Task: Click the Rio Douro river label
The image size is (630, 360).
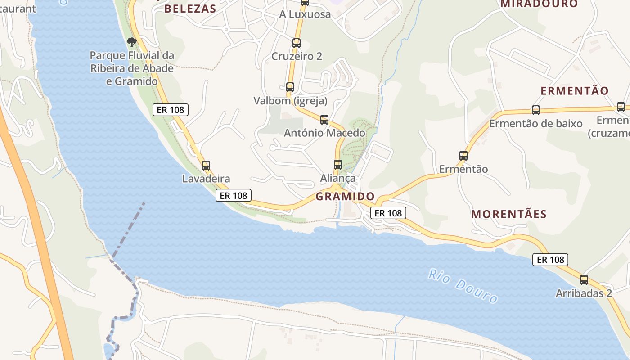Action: tap(463, 286)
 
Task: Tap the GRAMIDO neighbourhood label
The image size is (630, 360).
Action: tap(345, 197)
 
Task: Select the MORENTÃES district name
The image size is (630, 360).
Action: tap(509, 214)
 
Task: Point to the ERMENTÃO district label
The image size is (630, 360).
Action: tap(574, 90)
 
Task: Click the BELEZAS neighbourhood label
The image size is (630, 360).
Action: tap(190, 9)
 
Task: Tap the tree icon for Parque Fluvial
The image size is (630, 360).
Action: tap(131, 43)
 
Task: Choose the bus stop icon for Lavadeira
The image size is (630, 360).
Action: tap(206, 165)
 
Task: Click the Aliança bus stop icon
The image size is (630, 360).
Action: tap(338, 164)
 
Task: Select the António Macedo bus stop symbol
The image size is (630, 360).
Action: tap(324, 119)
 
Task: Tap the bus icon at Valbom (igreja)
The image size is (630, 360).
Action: tap(290, 87)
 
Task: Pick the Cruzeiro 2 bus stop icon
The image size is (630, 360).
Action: tap(297, 43)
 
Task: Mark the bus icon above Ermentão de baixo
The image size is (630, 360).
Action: tap(536, 110)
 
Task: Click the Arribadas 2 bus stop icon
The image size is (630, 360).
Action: tap(584, 279)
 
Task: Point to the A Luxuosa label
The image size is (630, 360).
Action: tap(305, 14)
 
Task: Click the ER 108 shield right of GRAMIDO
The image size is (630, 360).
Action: tap(388, 213)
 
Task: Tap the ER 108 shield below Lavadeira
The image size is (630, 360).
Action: tap(233, 195)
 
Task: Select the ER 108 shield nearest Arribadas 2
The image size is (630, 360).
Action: tap(550, 260)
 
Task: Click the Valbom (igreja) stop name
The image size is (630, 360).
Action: tap(290, 100)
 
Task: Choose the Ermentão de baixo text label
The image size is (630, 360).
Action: tap(536, 123)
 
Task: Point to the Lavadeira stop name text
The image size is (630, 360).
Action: tap(206, 179)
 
